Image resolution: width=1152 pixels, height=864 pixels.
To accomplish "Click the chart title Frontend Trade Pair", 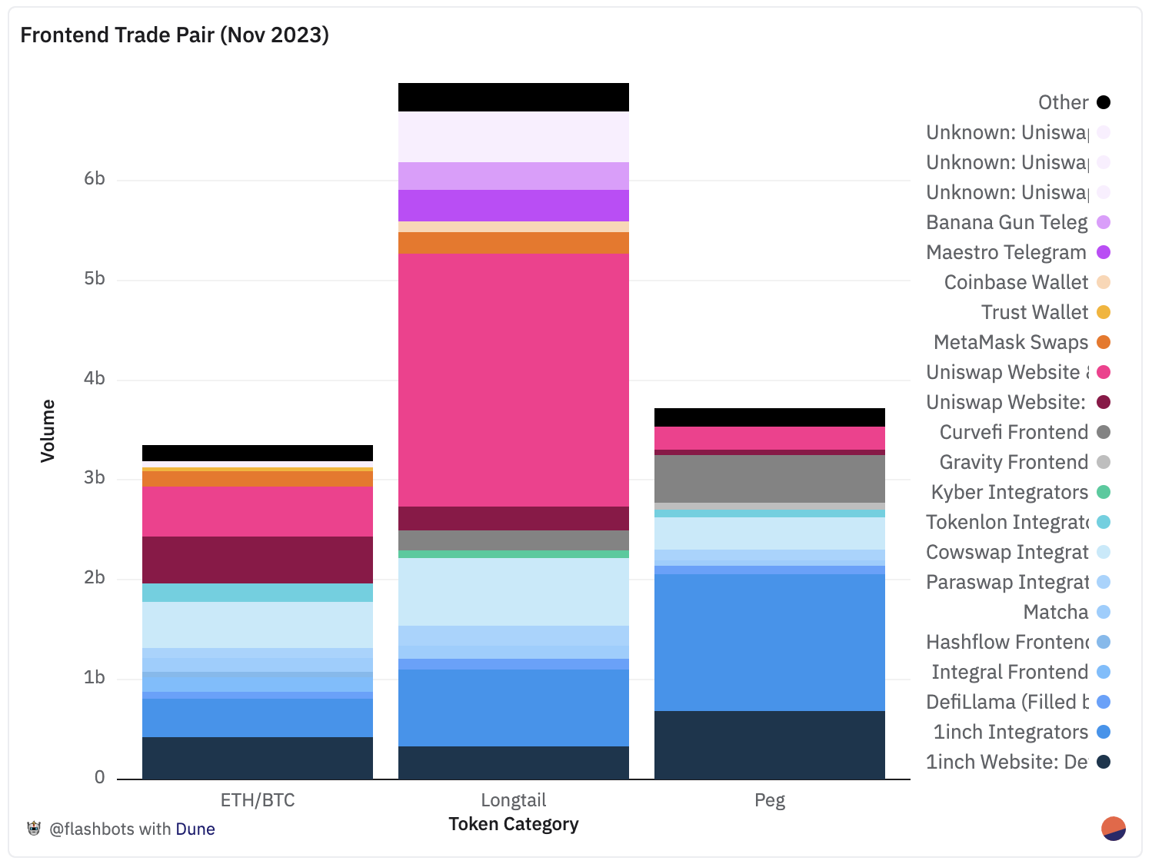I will tap(175, 35).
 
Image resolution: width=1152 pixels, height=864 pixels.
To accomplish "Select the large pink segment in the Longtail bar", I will tap(513, 380).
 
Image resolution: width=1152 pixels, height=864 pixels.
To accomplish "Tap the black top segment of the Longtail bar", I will tap(513, 98).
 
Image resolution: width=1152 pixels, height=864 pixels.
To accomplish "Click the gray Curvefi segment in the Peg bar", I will tap(769, 479).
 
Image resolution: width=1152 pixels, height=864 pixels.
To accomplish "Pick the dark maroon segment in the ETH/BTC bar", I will tap(257, 560).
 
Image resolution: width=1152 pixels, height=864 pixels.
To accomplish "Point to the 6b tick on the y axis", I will tap(95, 179).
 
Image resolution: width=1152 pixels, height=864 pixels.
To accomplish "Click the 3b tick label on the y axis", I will tap(95, 478).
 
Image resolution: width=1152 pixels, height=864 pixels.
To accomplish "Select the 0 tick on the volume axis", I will tap(100, 777).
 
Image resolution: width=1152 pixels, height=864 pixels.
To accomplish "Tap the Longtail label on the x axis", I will tap(513, 800).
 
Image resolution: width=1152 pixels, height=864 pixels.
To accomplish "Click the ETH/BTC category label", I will tap(257, 800).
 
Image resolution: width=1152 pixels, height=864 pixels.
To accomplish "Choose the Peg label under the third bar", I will tap(769, 800).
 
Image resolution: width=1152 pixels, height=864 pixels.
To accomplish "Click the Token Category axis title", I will tap(513, 824).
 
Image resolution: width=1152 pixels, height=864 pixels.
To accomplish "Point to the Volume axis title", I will tap(48, 430).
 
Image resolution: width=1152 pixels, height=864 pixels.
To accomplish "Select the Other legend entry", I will tap(1064, 102).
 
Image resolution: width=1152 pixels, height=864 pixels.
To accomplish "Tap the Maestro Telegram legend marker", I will tap(1104, 252).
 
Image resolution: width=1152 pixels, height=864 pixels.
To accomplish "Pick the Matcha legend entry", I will tap(1056, 612).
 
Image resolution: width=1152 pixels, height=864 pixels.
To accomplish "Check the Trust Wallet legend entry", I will tap(1035, 312).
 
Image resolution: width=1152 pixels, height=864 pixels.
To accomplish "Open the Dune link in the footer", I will tap(195, 829).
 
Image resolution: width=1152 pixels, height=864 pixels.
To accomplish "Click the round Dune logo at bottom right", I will tap(1114, 829).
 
